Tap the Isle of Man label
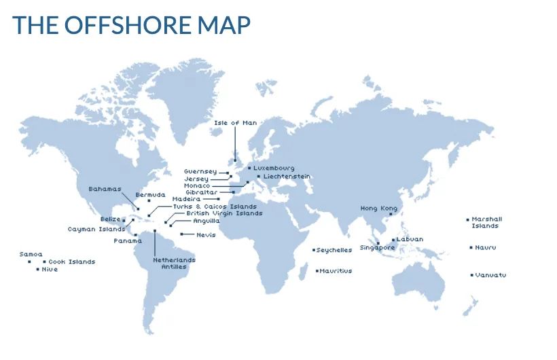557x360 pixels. (235, 123)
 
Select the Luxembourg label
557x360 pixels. (274, 168)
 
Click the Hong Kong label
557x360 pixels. (378, 209)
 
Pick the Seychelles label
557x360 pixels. (334, 250)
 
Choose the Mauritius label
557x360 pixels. (336, 271)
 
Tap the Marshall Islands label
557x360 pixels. (486, 222)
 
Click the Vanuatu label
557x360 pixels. (490, 275)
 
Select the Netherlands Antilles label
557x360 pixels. (174, 263)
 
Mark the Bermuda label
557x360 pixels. (150, 195)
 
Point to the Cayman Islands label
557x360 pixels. (96, 229)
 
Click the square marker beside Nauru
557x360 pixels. (471, 247)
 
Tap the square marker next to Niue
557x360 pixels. (37, 269)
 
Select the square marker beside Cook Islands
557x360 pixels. (44, 262)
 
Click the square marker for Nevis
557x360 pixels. (181, 234)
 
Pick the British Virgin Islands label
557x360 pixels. (224, 213)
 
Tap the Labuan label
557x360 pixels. (410, 239)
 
